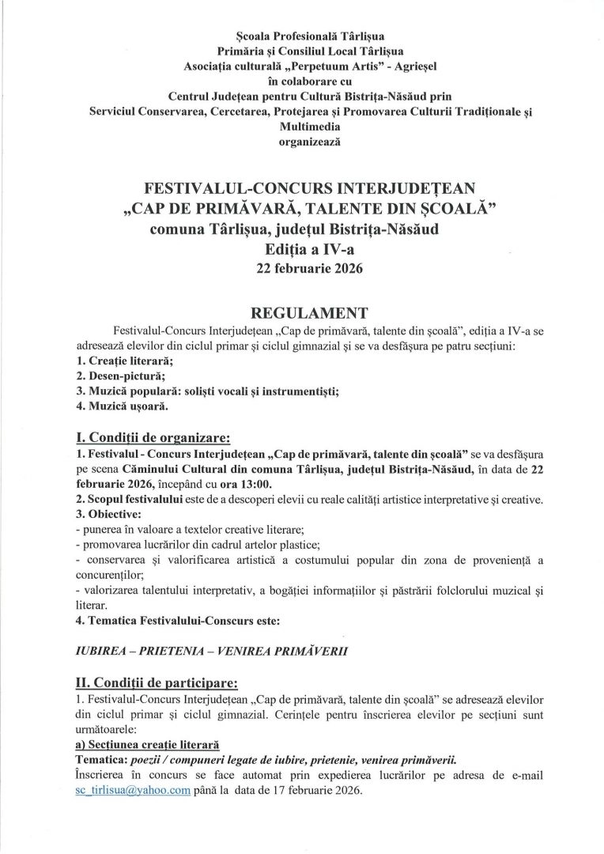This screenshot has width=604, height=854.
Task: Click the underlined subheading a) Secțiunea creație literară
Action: click(142, 745)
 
